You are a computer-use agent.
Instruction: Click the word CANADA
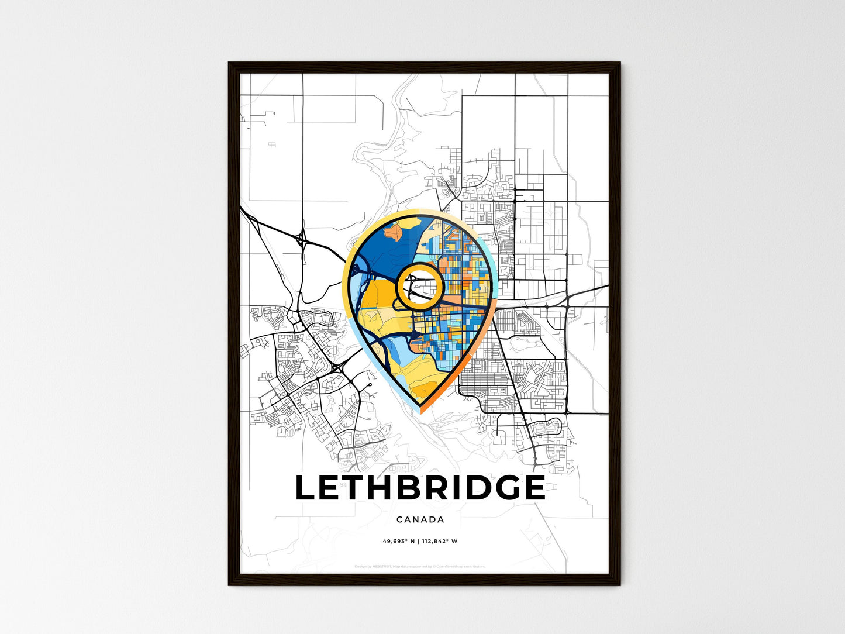pos(420,519)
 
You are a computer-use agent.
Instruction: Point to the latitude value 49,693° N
pos(399,541)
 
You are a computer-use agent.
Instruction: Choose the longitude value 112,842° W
pos(439,541)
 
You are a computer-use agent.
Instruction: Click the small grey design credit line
pos(420,566)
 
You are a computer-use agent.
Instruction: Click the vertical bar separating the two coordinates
pos(418,541)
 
